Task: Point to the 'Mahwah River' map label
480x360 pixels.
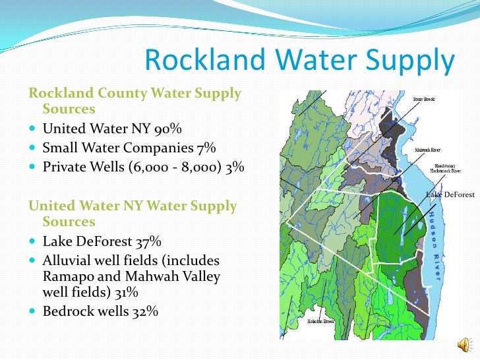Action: [x=428, y=150]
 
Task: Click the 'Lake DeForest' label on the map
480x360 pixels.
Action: [x=450, y=195]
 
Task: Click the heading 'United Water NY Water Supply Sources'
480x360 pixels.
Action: [x=132, y=213]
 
